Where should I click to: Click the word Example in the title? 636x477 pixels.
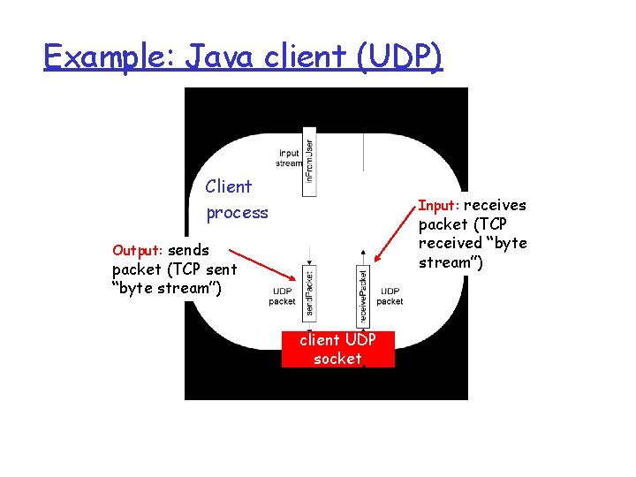point(99,57)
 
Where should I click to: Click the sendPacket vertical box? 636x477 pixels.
point(308,291)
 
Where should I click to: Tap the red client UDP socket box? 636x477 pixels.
point(337,348)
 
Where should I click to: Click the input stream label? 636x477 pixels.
point(289,158)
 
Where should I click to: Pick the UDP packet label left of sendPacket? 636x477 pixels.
point(282,296)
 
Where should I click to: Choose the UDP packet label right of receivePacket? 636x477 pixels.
point(390,296)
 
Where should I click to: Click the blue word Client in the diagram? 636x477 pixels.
point(228,186)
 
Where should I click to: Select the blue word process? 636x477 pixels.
point(237,213)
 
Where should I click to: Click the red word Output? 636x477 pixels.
point(139,250)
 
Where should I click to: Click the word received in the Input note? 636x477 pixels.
point(447,243)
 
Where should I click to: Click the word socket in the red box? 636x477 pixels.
point(337,359)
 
